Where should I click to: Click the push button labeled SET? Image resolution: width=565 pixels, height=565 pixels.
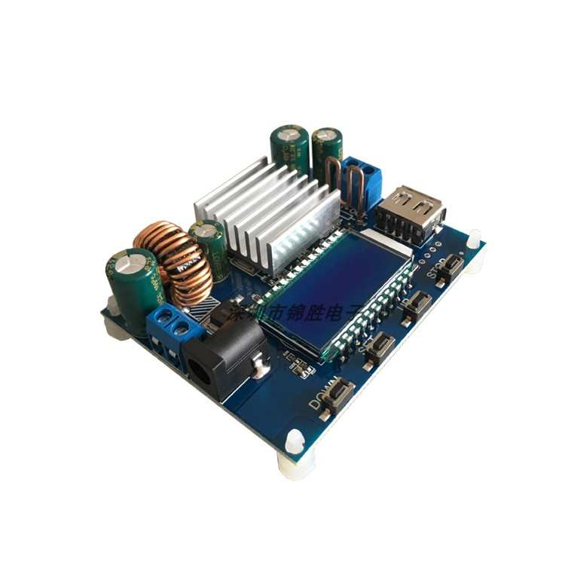380,345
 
